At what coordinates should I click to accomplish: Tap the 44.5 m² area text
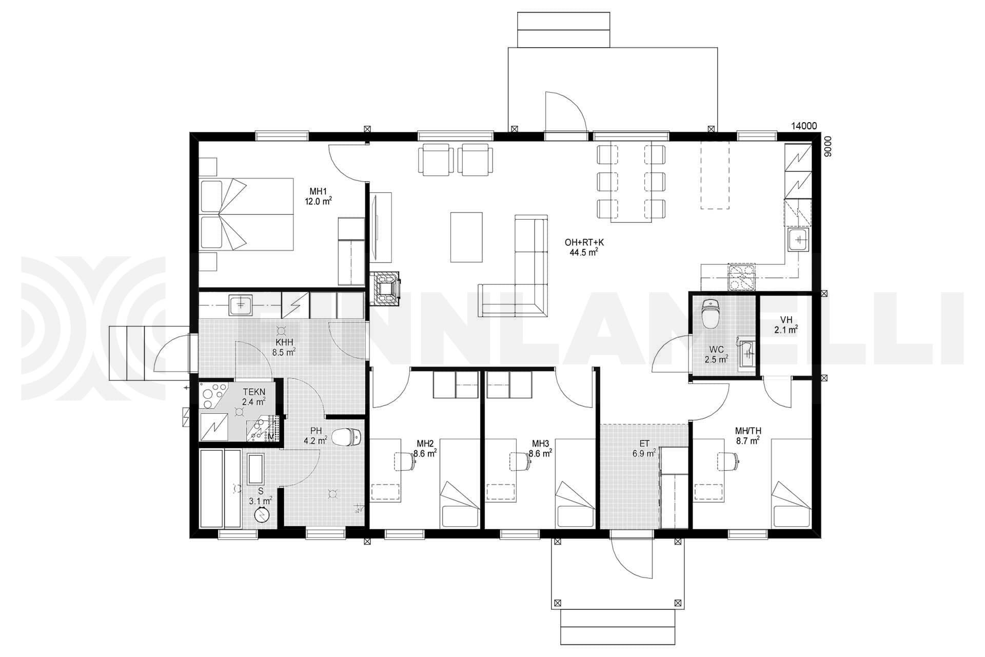pyautogui.click(x=583, y=252)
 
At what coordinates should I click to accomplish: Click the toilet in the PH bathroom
pyautogui.click(x=347, y=437)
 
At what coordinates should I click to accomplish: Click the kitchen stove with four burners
pyautogui.click(x=741, y=277)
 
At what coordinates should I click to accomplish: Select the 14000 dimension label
pyautogui.click(x=804, y=126)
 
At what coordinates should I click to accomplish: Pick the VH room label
pyautogui.click(x=786, y=320)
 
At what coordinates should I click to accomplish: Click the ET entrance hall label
pyautogui.click(x=644, y=443)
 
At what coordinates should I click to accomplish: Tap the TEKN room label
pyautogui.click(x=254, y=392)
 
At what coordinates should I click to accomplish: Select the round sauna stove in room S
pyautogui.click(x=262, y=513)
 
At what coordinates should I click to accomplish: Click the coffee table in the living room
pyautogui.click(x=466, y=237)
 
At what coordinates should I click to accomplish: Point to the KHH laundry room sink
pyautogui.click(x=241, y=304)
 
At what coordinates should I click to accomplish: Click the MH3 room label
pyautogui.click(x=540, y=443)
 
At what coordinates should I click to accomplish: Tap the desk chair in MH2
pyautogui.click(x=405, y=460)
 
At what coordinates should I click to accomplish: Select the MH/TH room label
pyautogui.click(x=747, y=430)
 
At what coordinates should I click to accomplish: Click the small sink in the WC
pyautogui.click(x=746, y=353)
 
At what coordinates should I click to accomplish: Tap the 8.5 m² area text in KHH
pyautogui.click(x=284, y=352)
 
